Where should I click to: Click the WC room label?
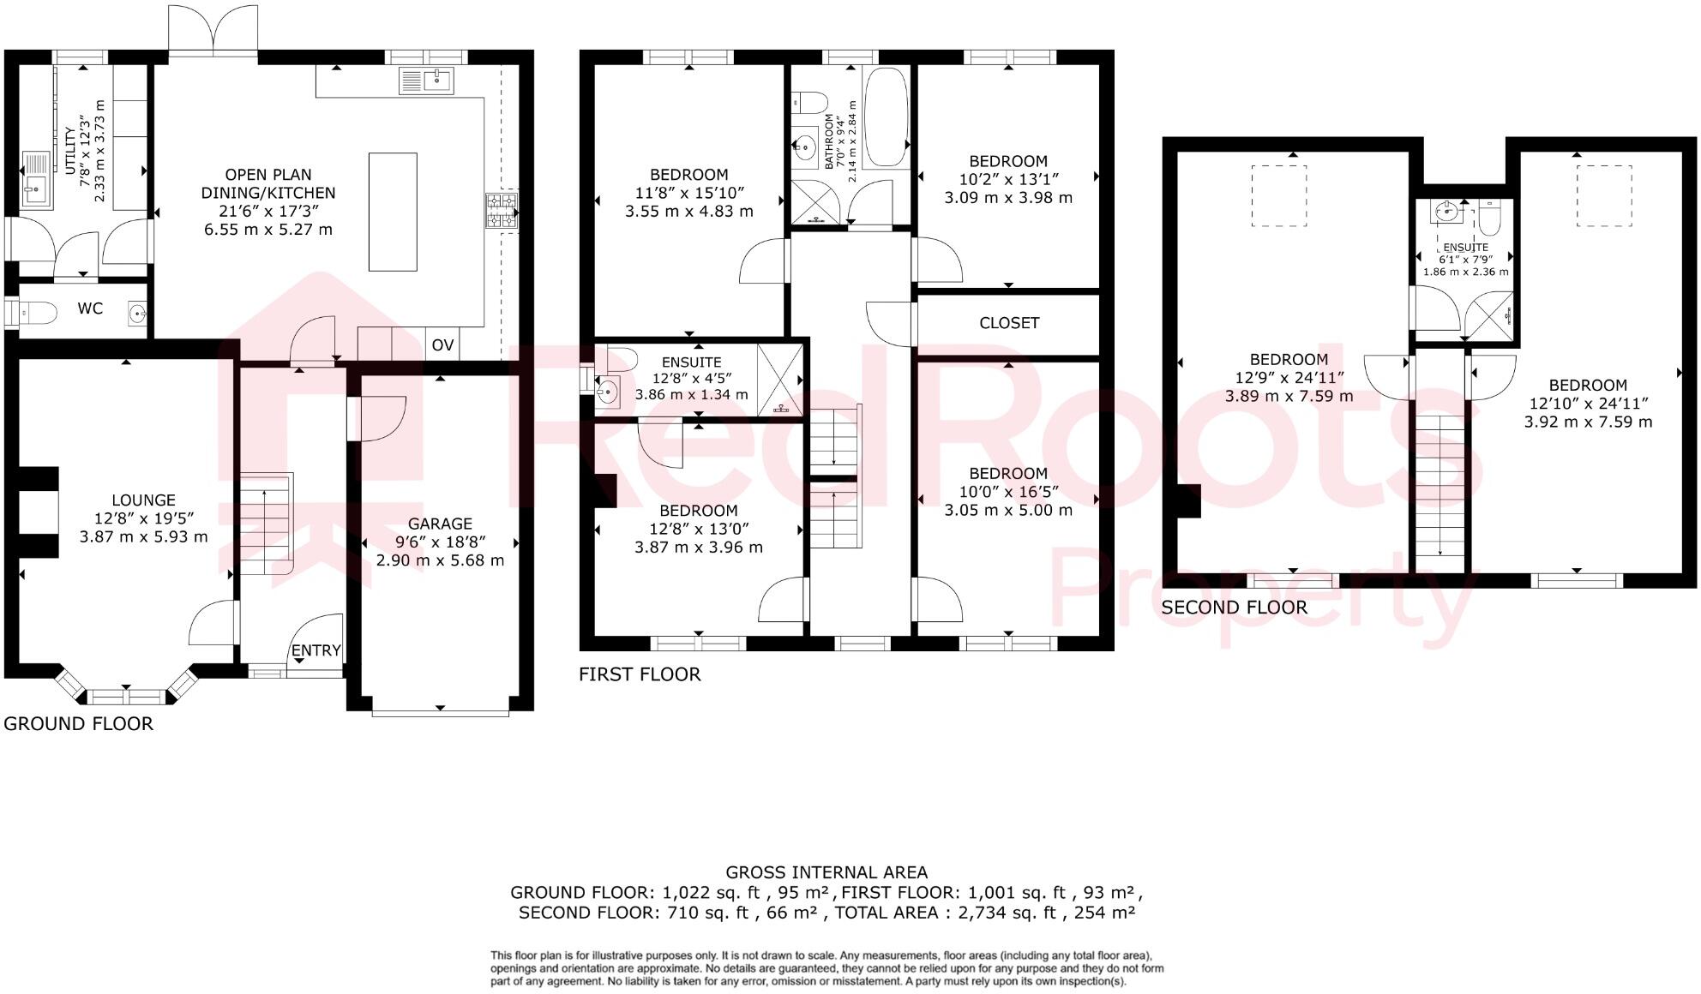pos(90,308)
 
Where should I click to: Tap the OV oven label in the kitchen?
pos(442,345)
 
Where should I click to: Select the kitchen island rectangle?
pos(393,212)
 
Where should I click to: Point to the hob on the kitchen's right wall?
pos(502,211)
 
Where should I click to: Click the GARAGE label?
pos(440,524)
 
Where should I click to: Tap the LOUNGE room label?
pos(143,500)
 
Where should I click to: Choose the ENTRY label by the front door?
pos(316,650)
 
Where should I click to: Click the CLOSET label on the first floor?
pos(1009,323)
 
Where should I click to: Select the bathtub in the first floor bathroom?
pos(886,117)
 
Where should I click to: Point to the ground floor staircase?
pos(266,524)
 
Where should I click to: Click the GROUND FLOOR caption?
pos(78,724)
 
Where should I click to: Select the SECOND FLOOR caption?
pos(1234,608)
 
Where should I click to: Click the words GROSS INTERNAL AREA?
pos(826,872)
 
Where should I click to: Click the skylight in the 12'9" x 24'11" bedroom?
pos(1278,195)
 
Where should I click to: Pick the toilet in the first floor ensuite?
pos(622,358)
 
